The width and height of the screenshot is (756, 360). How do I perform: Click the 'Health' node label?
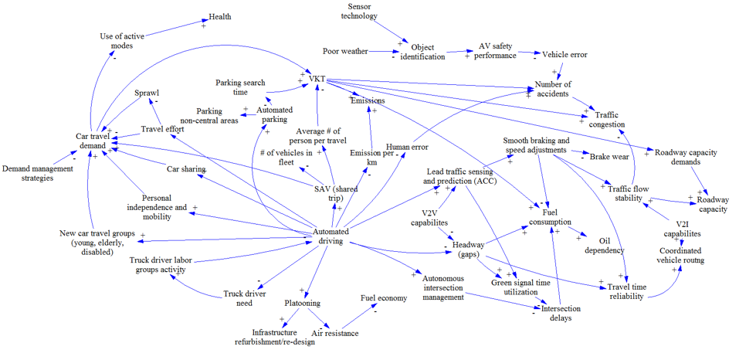coord(219,16)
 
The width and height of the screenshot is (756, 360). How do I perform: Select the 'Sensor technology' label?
coord(359,11)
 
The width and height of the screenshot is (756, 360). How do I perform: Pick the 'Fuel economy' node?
coord(383,297)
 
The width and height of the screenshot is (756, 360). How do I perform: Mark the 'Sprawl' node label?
coord(147,93)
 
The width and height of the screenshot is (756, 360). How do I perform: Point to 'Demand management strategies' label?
coord(36,173)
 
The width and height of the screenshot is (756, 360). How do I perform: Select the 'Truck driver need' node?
coord(244,298)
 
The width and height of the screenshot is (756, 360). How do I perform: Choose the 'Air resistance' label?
coord(334,333)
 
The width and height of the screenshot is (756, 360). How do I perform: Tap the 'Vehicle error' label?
coord(564,55)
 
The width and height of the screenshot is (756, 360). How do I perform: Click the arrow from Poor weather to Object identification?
coord(381,52)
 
